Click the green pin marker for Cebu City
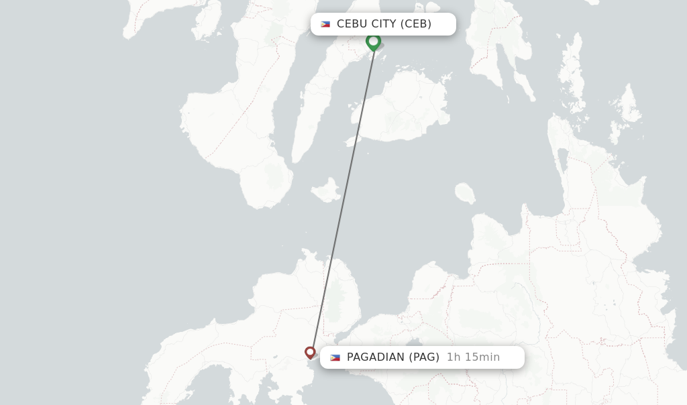coord(374,42)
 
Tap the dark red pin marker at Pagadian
coord(310,352)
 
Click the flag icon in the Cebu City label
coord(325,24)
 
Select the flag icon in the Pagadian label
coord(335,357)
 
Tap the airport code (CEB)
coord(416,24)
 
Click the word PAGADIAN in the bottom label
coord(376,357)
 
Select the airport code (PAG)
coord(424,357)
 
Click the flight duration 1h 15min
coord(473,357)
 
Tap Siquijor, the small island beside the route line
coord(326,190)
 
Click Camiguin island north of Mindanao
coord(465,193)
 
